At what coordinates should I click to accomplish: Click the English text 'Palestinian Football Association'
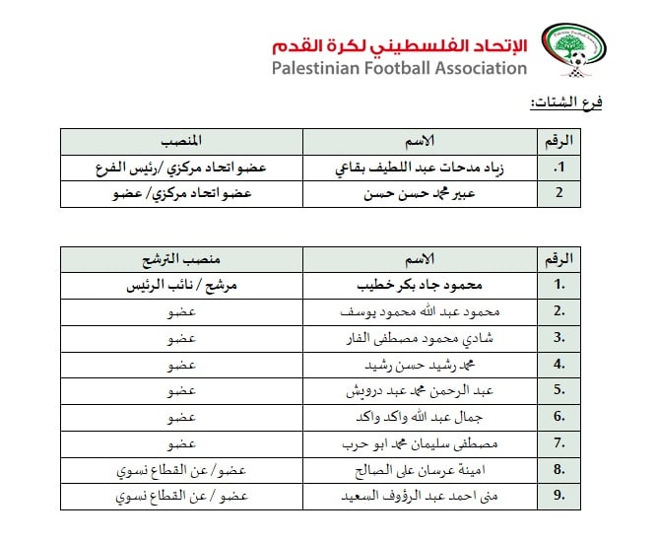coord(400,69)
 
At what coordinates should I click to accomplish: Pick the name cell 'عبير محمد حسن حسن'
coord(419,193)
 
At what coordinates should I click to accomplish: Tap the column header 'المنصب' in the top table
coord(181,141)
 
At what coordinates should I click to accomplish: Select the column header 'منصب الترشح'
coord(181,259)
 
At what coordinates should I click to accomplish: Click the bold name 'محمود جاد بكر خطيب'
coord(419,285)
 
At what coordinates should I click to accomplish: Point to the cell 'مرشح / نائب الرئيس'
coord(181,285)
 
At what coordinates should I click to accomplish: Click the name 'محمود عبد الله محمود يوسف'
coord(419,311)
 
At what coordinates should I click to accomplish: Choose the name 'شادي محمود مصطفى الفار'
coord(419,338)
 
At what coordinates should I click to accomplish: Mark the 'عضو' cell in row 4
coord(181,365)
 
